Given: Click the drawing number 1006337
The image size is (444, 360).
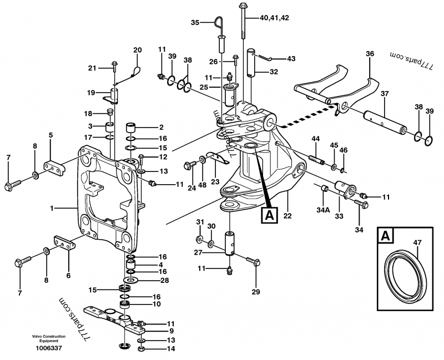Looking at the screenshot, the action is (49, 348).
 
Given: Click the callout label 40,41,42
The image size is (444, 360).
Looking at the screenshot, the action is (274, 18).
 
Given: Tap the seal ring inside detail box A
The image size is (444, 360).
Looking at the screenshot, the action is (406, 272).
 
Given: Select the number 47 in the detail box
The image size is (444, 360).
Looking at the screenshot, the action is (417, 242).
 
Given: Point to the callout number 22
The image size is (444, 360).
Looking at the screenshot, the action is (287, 216).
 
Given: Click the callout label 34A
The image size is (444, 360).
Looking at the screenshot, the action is (323, 210).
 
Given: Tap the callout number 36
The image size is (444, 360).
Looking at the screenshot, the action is (370, 54).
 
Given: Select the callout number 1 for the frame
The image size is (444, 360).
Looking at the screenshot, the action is (52, 209).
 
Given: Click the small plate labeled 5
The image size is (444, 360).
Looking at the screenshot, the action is (54, 169).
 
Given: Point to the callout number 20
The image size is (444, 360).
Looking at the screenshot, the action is (138, 50).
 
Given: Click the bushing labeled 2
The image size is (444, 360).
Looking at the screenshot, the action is (131, 128).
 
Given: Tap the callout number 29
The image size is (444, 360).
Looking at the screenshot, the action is (256, 292).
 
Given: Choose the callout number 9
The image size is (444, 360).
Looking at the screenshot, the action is (171, 331).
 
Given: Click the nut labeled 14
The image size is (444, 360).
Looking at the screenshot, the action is (142, 349).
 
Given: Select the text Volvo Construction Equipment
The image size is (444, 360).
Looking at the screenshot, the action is (49, 339).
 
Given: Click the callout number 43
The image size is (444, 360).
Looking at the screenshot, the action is (291, 59).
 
